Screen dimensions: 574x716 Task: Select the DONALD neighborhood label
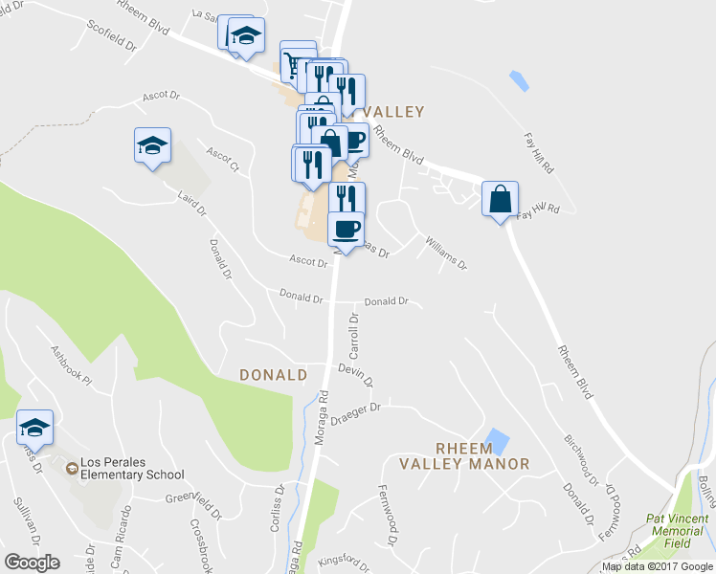tap(273, 375)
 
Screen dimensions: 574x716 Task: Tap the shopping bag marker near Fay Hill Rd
tap(500, 199)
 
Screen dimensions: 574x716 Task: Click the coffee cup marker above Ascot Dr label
tap(346, 229)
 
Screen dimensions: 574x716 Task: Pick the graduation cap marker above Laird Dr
tap(152, 145)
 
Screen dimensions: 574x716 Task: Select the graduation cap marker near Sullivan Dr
tap(35, 427)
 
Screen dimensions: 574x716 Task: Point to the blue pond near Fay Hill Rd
tap(519, 81)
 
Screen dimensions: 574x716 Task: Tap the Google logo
tap(32, 563)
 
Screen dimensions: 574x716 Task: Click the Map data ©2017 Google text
tap(658, 566)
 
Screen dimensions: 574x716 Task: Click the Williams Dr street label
tap(445, 254)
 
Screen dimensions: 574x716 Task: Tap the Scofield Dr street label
tap(112, 38)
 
